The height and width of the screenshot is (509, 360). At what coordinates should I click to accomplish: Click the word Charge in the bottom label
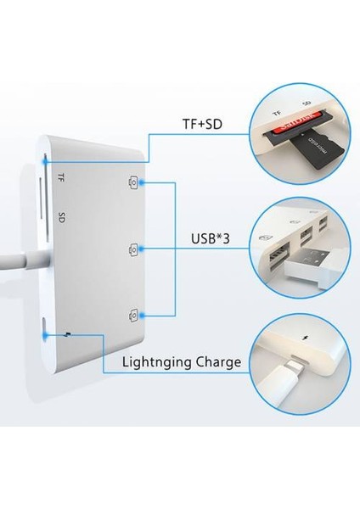[215, 362]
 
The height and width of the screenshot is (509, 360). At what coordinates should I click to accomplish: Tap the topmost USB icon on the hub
[133, 182]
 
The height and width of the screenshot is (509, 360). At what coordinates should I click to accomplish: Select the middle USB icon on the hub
[133, 249]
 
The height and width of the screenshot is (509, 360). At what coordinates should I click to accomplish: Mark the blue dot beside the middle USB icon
[143, 249]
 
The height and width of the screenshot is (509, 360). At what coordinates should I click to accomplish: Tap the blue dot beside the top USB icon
[143, 182]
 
